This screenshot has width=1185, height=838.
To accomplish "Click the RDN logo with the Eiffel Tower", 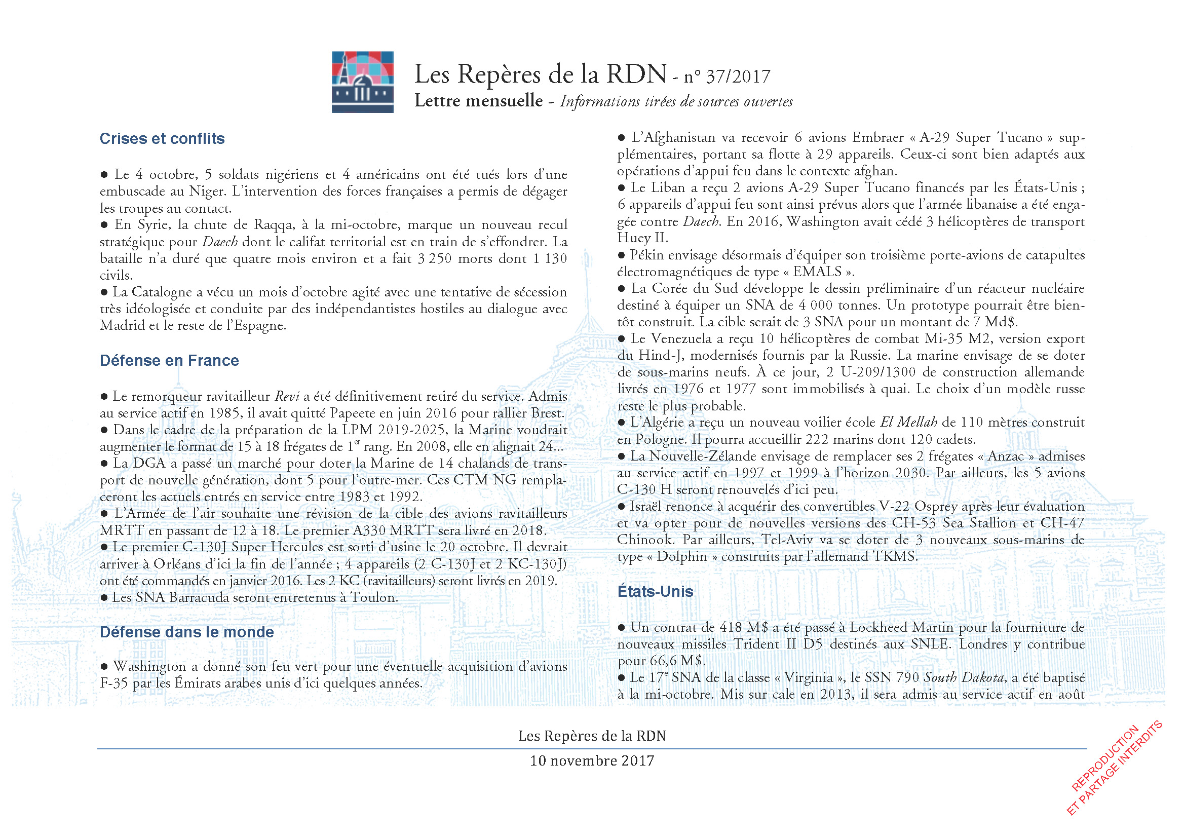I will (x=362, y=82).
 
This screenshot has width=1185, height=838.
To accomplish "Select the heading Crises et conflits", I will (x=162, y=139).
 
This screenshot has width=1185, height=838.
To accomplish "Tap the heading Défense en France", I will (x=169, y=360).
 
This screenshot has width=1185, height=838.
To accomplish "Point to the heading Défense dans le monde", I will (x=187, y=632).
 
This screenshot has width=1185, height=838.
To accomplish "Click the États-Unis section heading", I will (x=655, y=591).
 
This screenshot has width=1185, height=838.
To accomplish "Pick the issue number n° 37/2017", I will (x=727, y=77).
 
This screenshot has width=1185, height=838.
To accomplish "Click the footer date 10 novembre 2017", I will (x=592, y=761).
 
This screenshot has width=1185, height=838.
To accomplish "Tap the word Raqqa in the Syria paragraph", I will (x=273, y=225).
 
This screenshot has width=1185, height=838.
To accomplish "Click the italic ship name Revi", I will (x=287, y=396).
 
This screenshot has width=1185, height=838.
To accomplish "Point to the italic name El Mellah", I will (x=908, y=423).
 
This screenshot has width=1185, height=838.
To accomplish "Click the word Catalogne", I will (x=161, y=292).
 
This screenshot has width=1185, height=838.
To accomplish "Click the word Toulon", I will (x=374, y=597).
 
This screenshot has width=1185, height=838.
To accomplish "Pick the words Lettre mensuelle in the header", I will (x=478, y=101).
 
